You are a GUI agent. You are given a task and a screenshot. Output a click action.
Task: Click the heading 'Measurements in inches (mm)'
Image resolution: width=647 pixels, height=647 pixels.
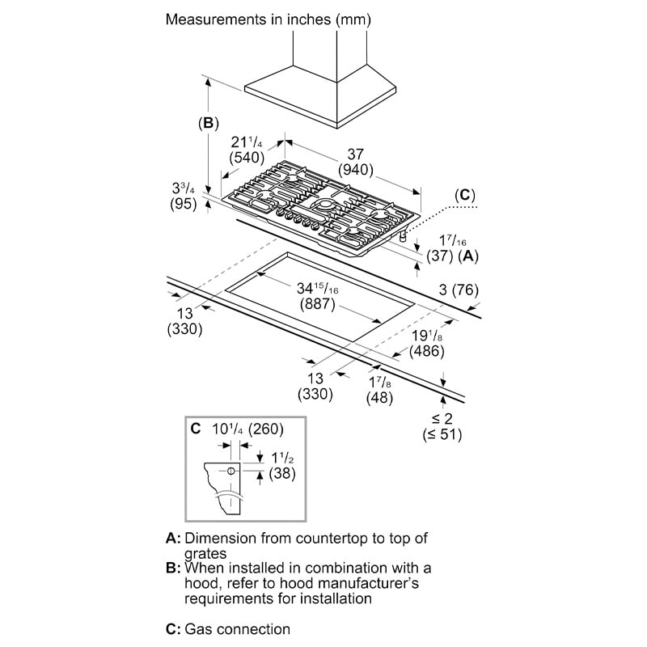point(275,19)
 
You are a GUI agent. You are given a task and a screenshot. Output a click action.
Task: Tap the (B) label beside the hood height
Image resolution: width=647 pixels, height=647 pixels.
point(209,124)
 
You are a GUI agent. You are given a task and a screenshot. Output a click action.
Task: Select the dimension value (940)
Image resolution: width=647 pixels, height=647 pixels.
point(356,170)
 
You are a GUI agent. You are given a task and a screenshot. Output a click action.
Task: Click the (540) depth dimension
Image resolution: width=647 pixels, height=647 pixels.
point(248,158)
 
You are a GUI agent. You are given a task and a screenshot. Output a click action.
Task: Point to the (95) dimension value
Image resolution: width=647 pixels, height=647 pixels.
point(184,205)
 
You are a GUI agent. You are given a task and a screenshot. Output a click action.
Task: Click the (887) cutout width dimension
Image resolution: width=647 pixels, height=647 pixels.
point(316,305)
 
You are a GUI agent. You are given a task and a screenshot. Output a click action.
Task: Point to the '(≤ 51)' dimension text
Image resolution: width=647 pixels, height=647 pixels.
point(442,434)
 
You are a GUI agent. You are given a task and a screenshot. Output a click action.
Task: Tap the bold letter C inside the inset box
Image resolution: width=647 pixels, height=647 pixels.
point(196,429)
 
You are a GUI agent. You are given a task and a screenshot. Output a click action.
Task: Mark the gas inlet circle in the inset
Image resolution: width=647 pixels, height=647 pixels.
point(231,471)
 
